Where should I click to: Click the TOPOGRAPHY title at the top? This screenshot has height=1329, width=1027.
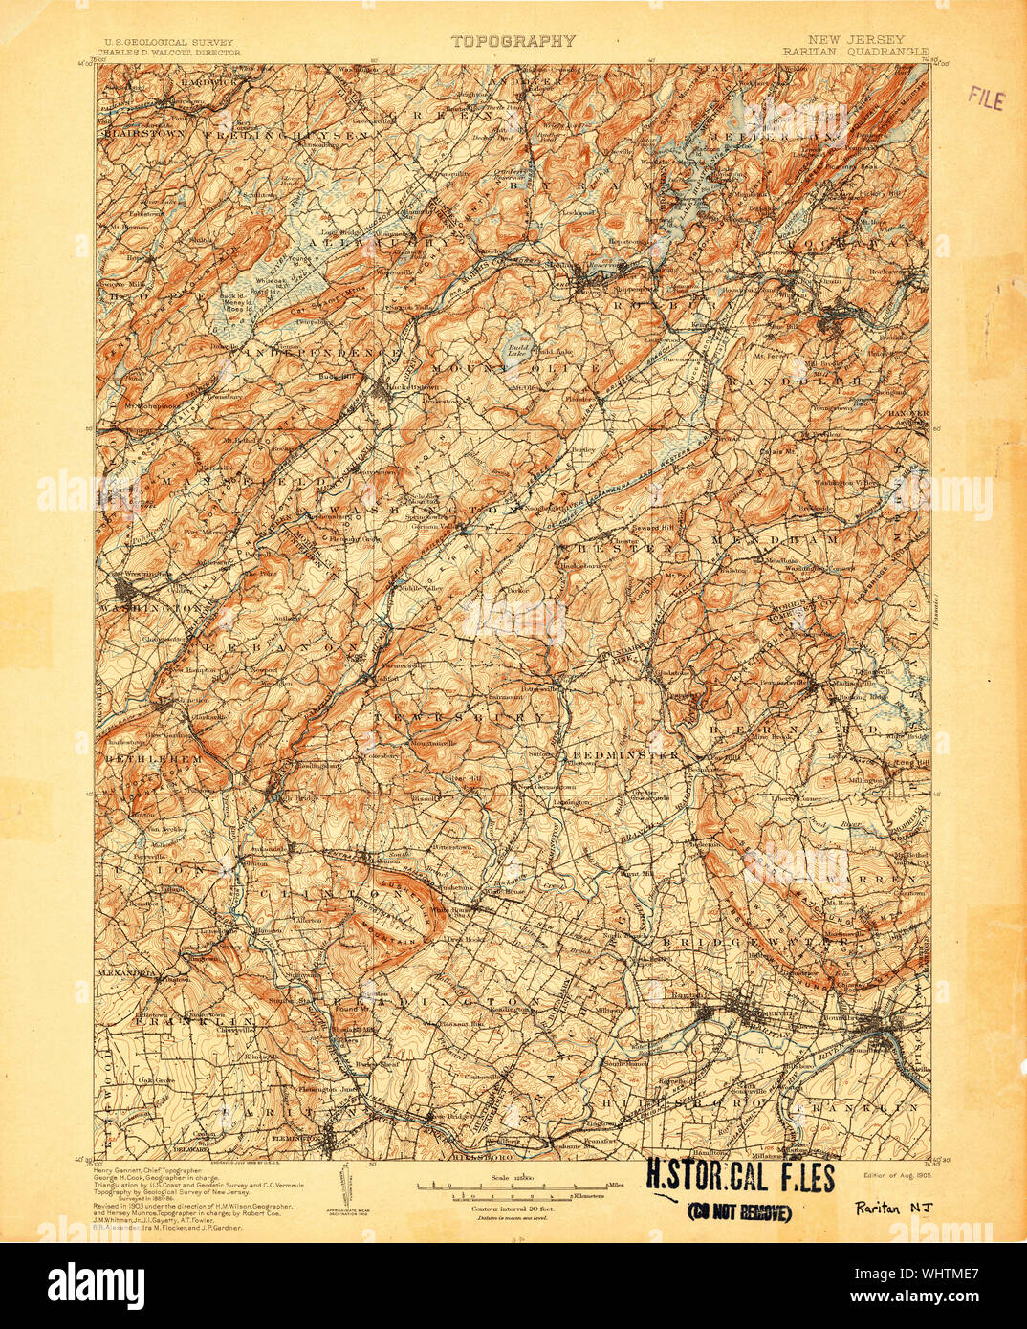[x=513, y=41]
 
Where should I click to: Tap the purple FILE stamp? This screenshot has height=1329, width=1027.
[x=986, y=97]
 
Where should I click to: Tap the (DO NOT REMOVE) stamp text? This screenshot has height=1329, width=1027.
[x=739, y=1213]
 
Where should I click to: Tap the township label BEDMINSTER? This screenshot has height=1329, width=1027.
[x=622, y=755]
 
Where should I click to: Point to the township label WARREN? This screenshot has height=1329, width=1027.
[x=868, y=877]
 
